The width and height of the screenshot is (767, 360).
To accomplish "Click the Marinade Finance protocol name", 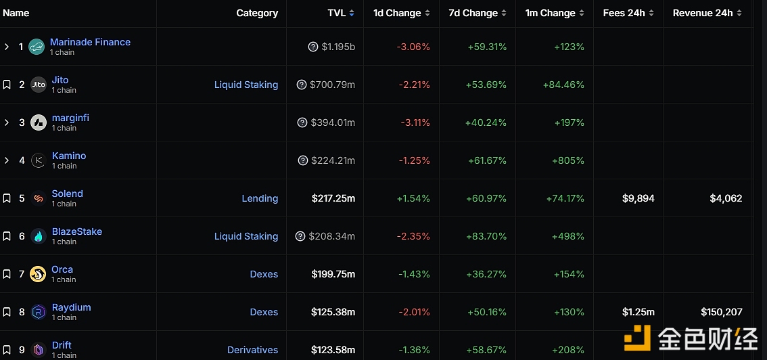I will click(x=90, y=42).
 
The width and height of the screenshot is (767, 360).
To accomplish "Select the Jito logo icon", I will click(x=39, y=85).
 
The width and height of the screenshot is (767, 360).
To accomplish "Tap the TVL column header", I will click(x=337, y=13).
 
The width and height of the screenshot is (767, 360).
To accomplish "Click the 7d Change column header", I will click(x=473, y=13).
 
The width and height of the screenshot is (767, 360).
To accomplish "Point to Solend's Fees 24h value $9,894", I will click(x=638, y=198).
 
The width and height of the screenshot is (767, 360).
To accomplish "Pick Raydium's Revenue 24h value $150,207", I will click(x=726, y=312).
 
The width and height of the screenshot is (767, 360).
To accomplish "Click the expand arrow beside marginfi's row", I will click(x=7, y=122).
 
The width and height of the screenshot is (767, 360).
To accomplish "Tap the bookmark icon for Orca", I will click(x=7, y=274).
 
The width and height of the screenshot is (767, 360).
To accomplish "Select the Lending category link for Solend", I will click(x=260, y=198).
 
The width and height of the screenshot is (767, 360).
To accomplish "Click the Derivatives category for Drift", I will click(x=252, y=350).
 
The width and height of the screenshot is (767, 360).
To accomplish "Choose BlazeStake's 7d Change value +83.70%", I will click(x=486, y=236).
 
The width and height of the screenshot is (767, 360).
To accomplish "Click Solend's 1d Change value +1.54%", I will click(x=411, y=198).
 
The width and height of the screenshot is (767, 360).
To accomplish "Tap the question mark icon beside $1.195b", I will click(x=313, y=47).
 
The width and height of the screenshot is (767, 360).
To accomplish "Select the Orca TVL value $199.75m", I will click(x=333, y=274).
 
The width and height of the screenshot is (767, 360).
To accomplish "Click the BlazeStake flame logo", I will click(x=39, y=236).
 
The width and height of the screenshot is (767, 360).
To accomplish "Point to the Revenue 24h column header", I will click(x=703, y=13).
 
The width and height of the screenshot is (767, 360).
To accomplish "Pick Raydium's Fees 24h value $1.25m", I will click(x=638, y=312).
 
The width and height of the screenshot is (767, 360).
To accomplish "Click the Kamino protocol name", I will click(x=69, y=156).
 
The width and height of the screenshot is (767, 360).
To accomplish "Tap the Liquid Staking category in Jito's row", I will click(x=246, y=85).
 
